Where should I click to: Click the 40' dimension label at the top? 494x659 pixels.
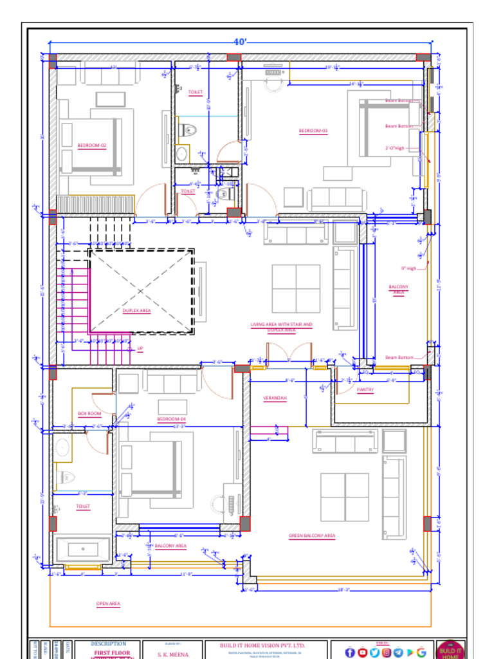(240, 42)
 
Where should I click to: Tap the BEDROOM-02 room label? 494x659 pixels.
(91, 145)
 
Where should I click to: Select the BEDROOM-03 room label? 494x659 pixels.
(313, 131)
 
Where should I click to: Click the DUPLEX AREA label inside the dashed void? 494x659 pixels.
(136, 310)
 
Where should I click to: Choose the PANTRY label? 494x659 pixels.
(365, 390)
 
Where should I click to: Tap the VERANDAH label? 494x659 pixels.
(275, 398)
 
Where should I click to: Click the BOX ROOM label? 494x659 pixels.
(89, 413)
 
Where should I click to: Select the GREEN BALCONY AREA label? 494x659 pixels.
(312, 535)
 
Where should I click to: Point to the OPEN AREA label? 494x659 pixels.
(108, 604)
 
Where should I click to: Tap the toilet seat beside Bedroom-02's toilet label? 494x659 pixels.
(187, 129)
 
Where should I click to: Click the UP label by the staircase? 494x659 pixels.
(140, 349)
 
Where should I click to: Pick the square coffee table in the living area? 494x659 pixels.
(296, 288)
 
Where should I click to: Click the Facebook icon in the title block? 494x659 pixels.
(350, 653)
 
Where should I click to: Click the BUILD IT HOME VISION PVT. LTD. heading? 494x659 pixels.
(263, 645)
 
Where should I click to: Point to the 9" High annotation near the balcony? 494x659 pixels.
(408, 268)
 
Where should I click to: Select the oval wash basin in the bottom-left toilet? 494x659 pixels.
(62, 447)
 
